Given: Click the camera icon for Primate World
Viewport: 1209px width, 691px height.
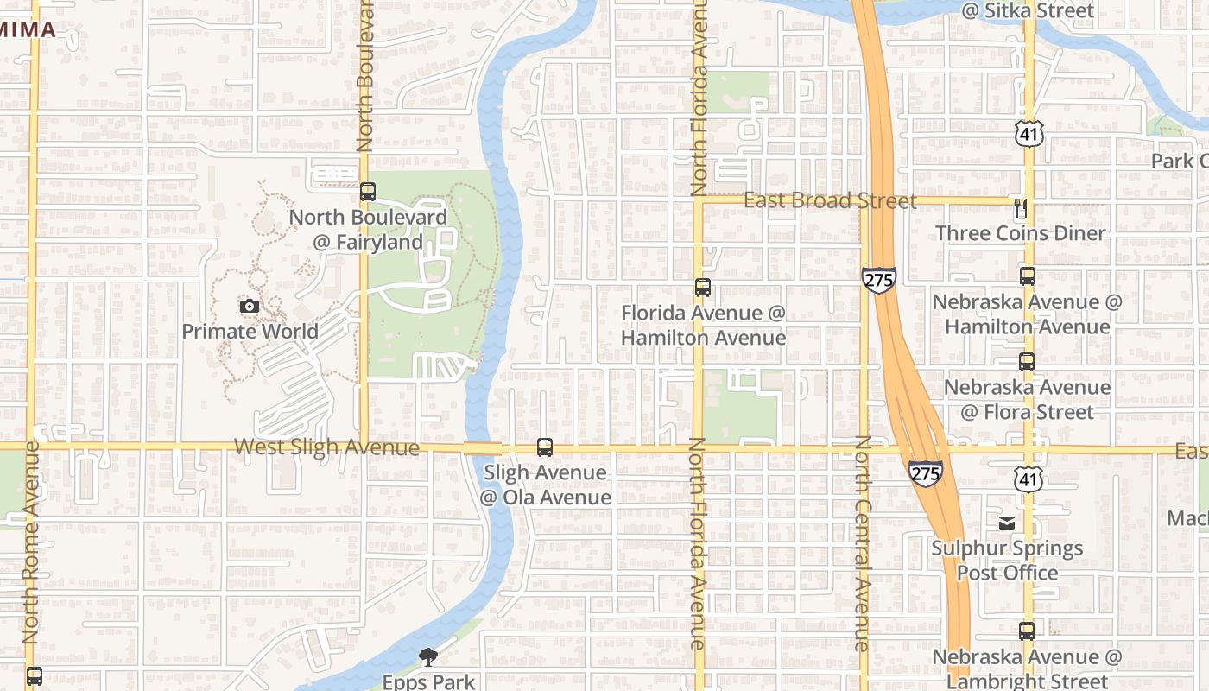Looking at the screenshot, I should click(x=249, y=306).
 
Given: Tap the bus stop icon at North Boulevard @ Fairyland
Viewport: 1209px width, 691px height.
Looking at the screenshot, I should click(x=368, y=192).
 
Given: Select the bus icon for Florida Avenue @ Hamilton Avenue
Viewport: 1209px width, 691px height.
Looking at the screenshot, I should click(x=703, y=288).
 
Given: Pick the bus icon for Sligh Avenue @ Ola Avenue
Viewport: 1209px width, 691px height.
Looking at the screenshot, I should click(x=544, y=447).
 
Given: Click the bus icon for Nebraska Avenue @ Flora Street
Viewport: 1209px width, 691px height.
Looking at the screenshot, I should click(x=1026, y=362).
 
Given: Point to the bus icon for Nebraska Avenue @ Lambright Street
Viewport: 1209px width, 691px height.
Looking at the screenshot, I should click(x=1026, y=631).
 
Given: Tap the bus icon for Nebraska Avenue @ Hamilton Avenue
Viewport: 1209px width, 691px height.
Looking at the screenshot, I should click(x=1027, y=276).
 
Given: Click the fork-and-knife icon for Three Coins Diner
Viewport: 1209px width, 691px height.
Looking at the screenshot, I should click(x=1021, y=208).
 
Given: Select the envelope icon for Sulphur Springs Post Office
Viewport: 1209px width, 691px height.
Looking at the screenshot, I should click(x=1007, y=523).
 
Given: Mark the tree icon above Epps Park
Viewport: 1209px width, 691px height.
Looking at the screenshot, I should click(x=427, y=658).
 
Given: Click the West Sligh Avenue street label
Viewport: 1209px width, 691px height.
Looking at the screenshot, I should click(x=326, y=447).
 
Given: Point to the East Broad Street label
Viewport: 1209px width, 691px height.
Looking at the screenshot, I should click(x=830, y=200).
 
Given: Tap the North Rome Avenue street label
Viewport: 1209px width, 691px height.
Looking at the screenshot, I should click(x=31, y=542).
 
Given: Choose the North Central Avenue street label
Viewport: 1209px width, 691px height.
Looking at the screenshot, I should click(x=863, y=542).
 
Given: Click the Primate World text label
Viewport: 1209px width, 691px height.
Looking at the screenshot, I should click(x=250, y=331).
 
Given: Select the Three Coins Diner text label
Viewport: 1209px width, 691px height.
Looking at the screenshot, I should click(x=1020, y=233).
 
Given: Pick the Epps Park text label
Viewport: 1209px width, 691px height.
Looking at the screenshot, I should click(x=428, y=681).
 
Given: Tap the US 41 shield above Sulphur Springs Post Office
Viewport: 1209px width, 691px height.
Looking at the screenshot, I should click(x=1029, y=478).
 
